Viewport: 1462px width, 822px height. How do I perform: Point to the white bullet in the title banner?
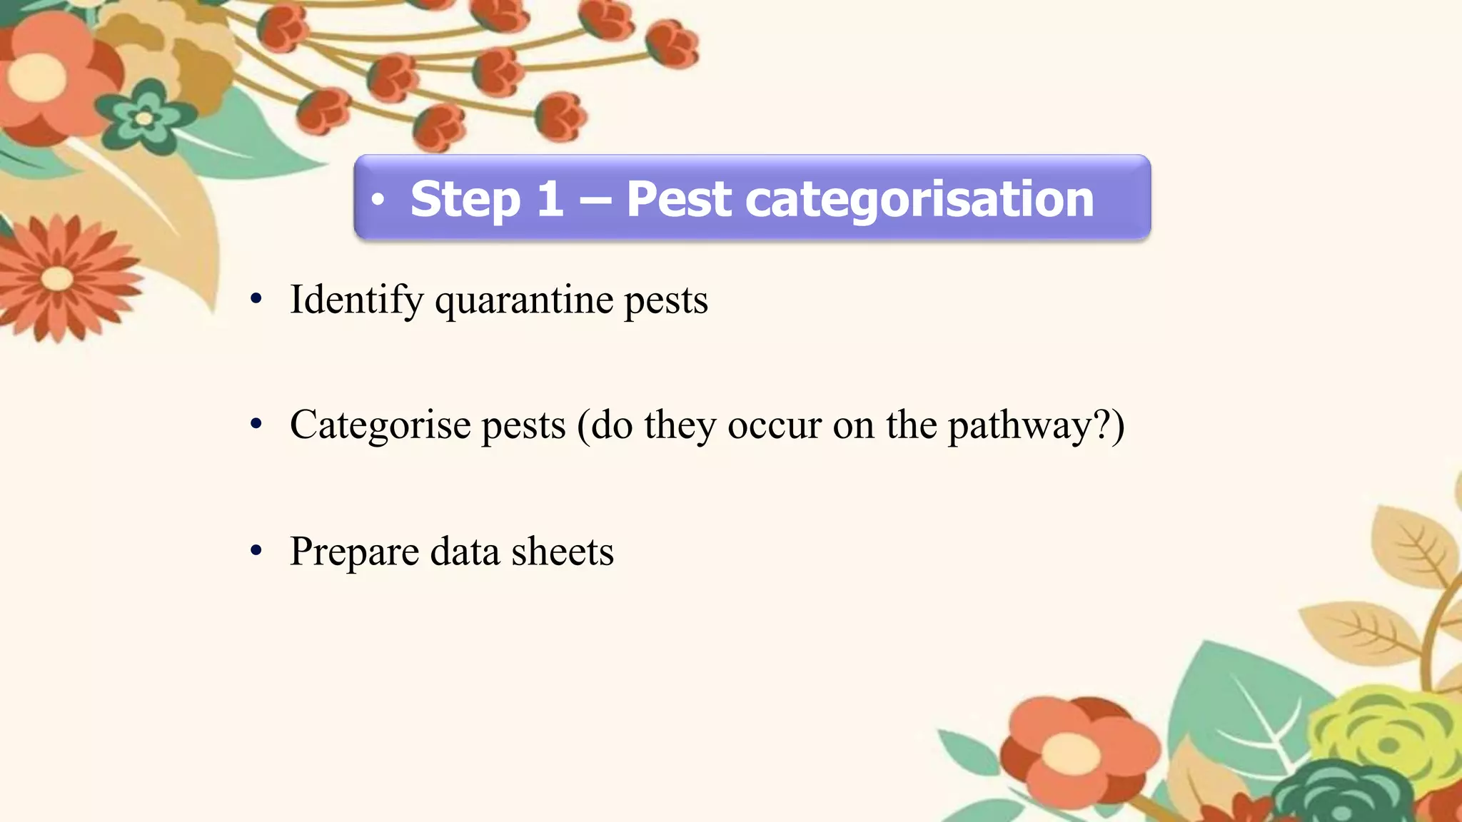click(x=378, y=199)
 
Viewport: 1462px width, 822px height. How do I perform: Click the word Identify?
click(x=356, y=300)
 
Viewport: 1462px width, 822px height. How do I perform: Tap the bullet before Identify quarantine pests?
click(x=256, y=299)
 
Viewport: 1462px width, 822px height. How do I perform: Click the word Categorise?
click(x=380, y=426)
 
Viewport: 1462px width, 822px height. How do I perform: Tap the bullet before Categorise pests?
click(x=256, y=425)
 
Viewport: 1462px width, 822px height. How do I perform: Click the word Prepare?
click(x=354, y=552)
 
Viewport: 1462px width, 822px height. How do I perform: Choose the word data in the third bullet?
click(x=465, y=552)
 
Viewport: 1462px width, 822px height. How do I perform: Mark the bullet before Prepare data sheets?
click(x=256, y=551)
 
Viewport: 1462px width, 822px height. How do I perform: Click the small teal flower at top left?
click(x=145, y=116)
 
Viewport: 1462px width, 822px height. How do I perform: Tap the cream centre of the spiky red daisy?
click(x=57, y=278)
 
